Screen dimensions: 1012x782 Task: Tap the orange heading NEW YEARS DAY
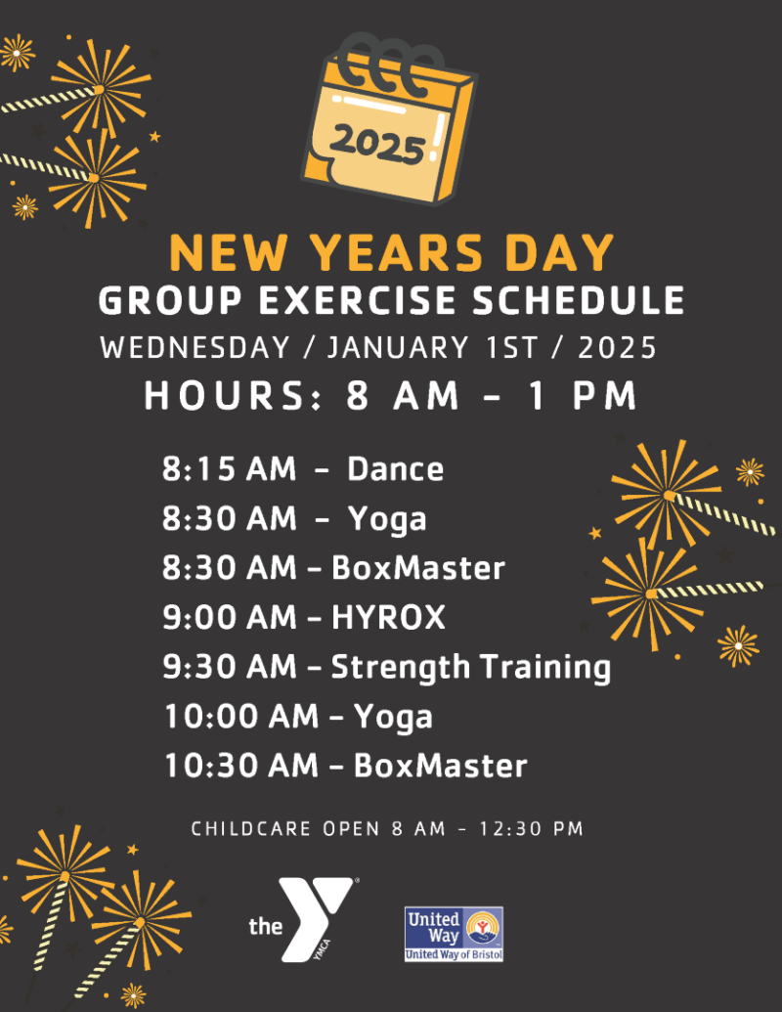click(391, 253)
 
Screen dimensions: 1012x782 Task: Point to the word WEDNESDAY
click(195, 348)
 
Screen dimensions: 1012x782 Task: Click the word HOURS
click(235, 396)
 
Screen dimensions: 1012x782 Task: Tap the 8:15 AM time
click(229, 469)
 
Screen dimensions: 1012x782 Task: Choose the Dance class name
click(395, 469)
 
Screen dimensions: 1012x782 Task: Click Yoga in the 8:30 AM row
click(387, 519)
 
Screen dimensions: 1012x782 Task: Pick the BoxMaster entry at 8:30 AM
click(418, 568)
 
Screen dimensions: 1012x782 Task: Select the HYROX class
click(388, 617)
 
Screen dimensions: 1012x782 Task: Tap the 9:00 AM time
click(229, 617)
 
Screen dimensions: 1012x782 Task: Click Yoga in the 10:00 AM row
click(393, 717)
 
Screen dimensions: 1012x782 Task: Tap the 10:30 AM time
click(240, 766)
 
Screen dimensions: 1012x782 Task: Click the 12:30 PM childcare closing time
click(532, 829)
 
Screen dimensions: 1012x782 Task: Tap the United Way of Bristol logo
click(454, 933)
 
